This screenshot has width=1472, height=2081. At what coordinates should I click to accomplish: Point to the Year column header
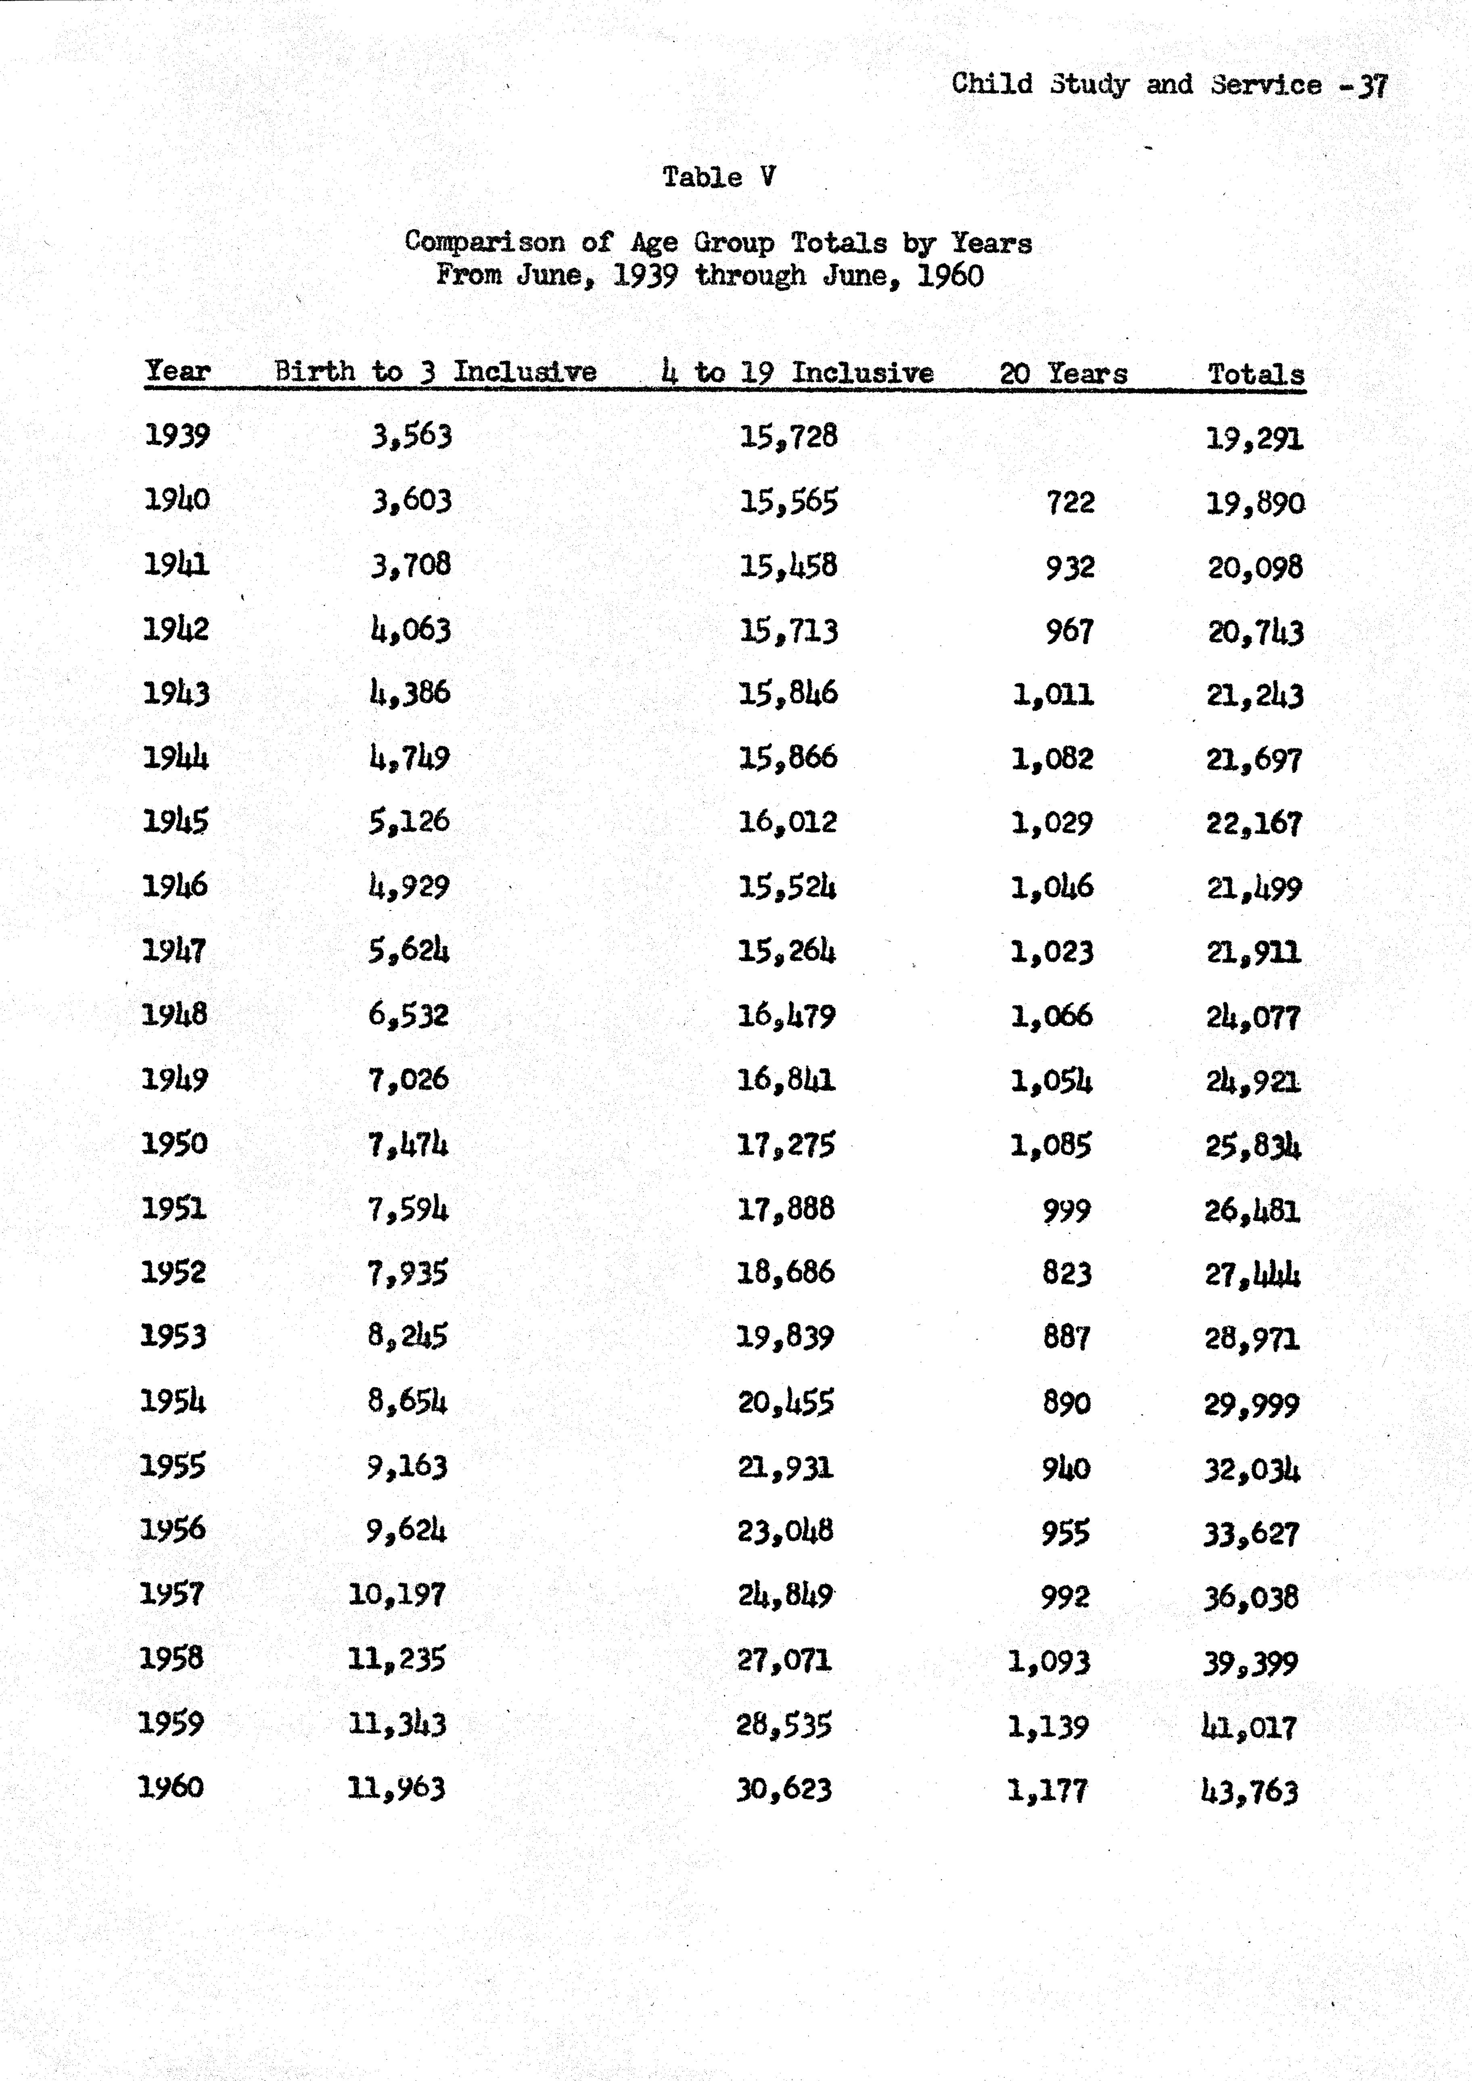[x=178, y=371]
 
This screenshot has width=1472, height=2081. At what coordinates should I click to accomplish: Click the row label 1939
[x=177, y=436]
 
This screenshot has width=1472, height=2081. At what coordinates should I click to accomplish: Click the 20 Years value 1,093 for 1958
[x=1049, y=1661]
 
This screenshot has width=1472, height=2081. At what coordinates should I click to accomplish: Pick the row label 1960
[x=170, y=1787]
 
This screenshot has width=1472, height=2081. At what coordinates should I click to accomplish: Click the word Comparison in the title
[x=484, y=242]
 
